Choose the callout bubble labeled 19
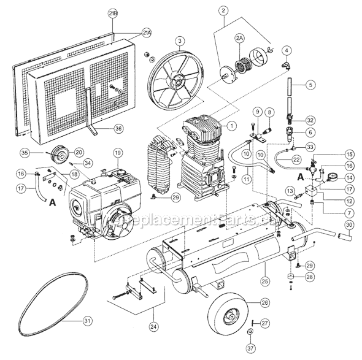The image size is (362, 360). point(117,152)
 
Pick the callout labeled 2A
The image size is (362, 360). point(239,38)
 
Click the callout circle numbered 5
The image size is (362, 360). point(310,85)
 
